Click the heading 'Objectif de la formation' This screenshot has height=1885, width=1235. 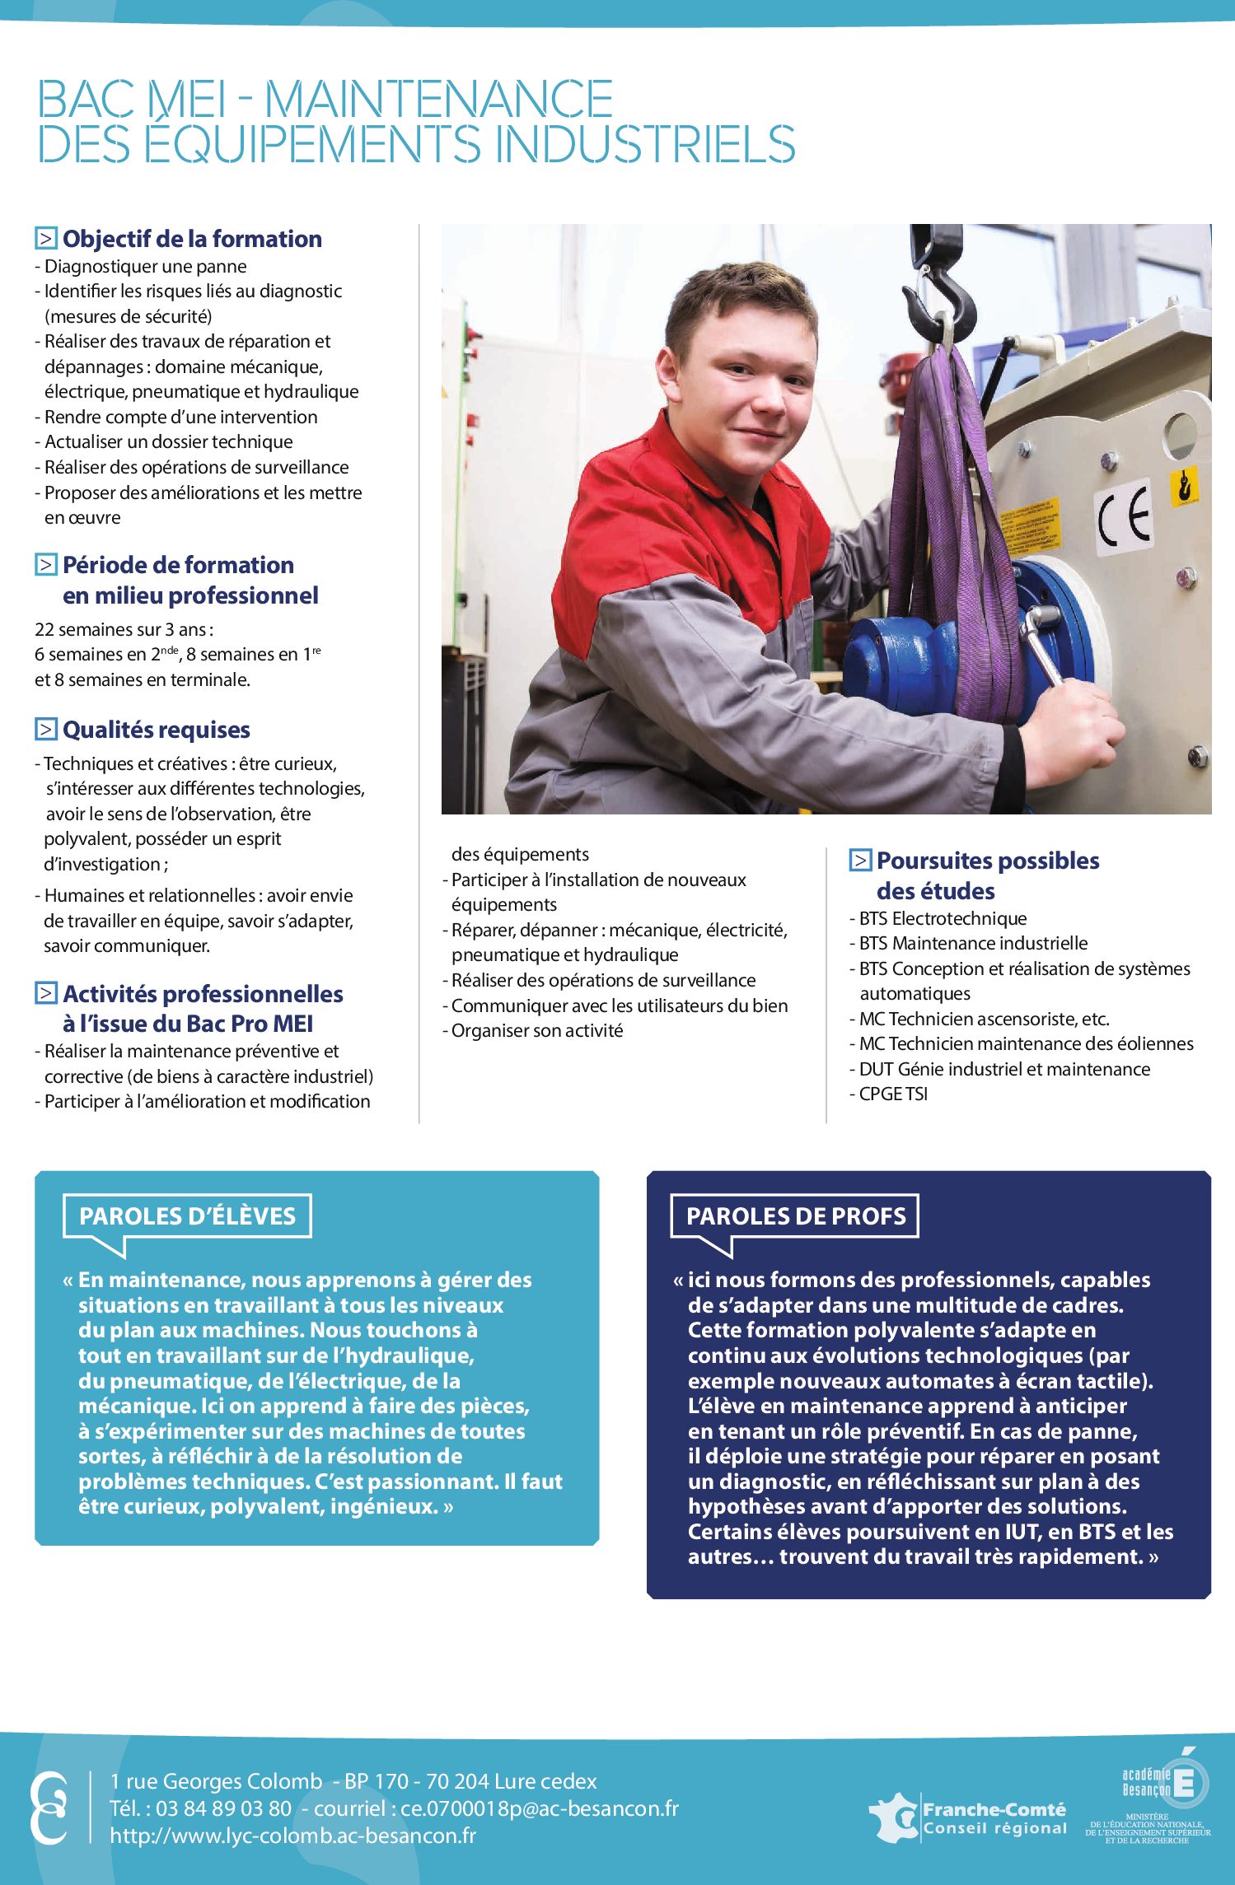192,239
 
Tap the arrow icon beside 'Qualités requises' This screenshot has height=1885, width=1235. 46,730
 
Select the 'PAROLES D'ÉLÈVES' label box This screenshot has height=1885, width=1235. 187,1215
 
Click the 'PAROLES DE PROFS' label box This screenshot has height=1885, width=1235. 795,1215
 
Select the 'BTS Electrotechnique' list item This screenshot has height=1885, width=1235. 943,918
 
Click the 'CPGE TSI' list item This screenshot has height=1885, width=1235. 893,1094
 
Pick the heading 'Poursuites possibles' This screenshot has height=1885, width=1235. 987,861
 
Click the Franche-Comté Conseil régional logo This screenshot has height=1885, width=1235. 969,1818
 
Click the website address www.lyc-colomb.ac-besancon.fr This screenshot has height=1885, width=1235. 293,1836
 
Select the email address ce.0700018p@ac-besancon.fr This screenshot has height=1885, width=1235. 540,1808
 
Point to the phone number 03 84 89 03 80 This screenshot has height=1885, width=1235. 223,1808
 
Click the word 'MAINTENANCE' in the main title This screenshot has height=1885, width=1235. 438,100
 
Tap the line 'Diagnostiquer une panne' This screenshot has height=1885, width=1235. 145,266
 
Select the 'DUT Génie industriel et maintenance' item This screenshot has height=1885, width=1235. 1004,1069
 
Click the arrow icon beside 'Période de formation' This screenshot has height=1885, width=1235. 46,565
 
